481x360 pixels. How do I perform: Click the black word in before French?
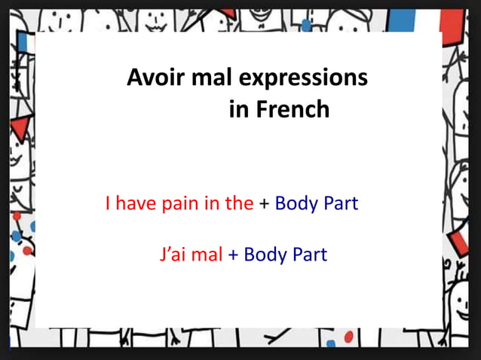click(238, 110)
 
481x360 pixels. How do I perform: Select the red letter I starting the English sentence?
click(109, 203)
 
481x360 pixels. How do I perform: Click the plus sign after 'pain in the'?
click(264, 204)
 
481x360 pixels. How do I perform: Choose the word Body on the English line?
click(296, 203)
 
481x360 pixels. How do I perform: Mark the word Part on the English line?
click(340, 203)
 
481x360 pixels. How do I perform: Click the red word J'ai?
click(173, 254)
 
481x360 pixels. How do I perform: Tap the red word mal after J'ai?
click(207, 254)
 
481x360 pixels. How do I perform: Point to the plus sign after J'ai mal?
click(233, 255)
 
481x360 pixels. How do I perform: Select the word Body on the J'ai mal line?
click(265, 254)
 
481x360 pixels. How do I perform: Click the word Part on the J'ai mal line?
click(309, 254)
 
